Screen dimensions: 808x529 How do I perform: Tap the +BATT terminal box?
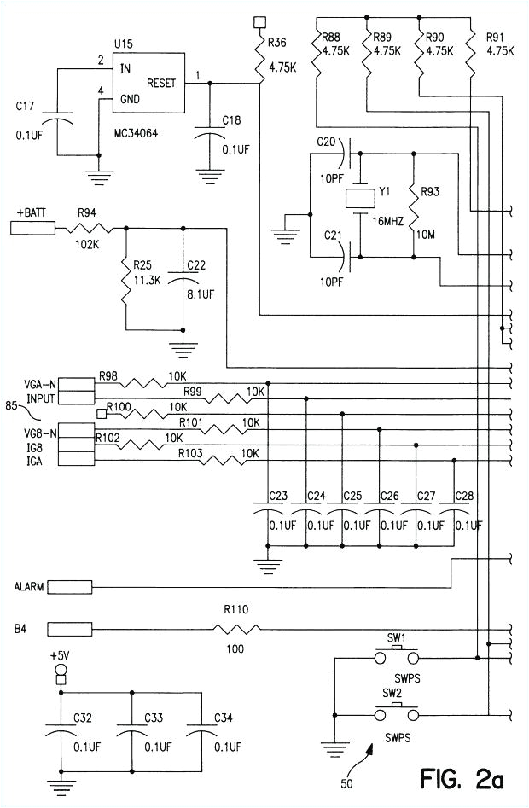(x=32, y=228)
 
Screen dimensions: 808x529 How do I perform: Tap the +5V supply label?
(x=60, y=655)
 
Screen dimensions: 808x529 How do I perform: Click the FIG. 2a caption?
(x=467, y=778)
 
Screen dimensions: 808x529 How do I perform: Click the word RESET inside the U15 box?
(x=162, y=82)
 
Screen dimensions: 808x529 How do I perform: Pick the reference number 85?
(x=12, y=406)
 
